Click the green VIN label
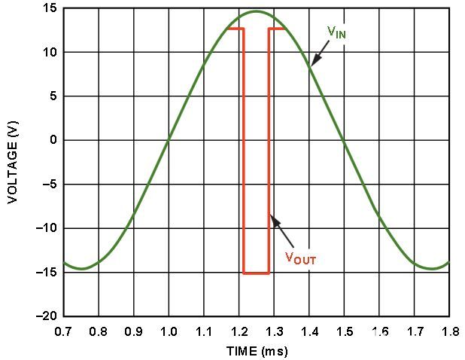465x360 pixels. point(336,32)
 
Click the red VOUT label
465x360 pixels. point(300,258)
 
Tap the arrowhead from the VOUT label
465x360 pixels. point(272,219)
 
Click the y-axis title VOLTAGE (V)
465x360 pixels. point(13,163)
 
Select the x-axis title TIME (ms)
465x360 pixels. point(257,351)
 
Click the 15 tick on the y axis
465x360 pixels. point(50,9)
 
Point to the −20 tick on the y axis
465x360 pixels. point(47,316)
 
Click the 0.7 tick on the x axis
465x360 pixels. point(64,331)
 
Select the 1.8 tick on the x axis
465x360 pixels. point(448,331)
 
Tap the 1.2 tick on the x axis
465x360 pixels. point(239,331)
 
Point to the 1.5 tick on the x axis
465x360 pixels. point(344,331)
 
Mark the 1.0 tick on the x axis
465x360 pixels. point(169,331)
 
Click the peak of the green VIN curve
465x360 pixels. point(256,11)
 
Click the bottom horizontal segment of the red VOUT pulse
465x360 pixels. point(256,273)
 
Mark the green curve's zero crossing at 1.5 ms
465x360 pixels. point(344,140)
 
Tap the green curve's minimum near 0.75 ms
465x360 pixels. point(81,268)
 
